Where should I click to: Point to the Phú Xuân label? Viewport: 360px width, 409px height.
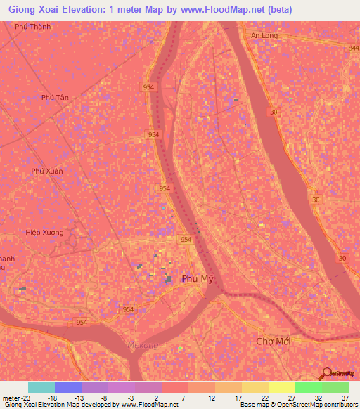pyautogui.click(x=47, y=171)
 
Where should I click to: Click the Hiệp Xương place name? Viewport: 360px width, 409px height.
pyautogui.click(x=44, y=233)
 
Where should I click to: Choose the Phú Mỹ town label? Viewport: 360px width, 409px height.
pyautogui.click(x=198, y=279)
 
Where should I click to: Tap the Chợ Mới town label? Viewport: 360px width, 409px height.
pyautogui.click(x=273, y=341)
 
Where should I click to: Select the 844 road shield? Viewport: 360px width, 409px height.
pyautogui.click(x=352, y=47)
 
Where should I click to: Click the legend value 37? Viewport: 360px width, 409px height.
pyautogui.click(x=345, y=397)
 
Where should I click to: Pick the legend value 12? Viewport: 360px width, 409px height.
pyautogui.click(x=212, y=397)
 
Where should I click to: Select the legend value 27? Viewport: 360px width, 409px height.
pyautogui.click(x=292, y=397)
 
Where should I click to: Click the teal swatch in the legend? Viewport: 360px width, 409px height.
pyautogui.click(x=41, y=387)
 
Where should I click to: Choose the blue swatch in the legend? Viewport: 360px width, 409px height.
pyautogui.click(x=67, y=387)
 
